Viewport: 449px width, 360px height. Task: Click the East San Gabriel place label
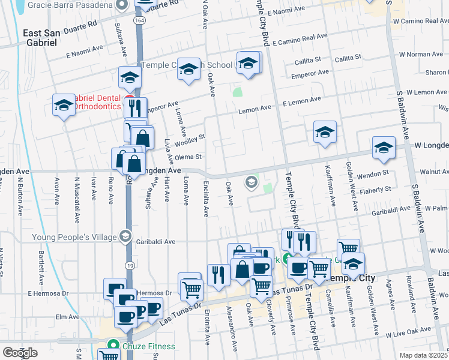pos(41,37)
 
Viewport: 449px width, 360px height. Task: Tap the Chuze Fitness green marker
pos(112,346)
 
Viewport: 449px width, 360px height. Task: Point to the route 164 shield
pos(139,20)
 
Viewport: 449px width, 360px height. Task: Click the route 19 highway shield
pos(129,265)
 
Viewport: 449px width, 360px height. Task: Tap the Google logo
pos(20,352)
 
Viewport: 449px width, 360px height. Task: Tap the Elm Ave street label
pos(67,317)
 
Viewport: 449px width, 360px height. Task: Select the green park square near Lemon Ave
pos(238,93)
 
